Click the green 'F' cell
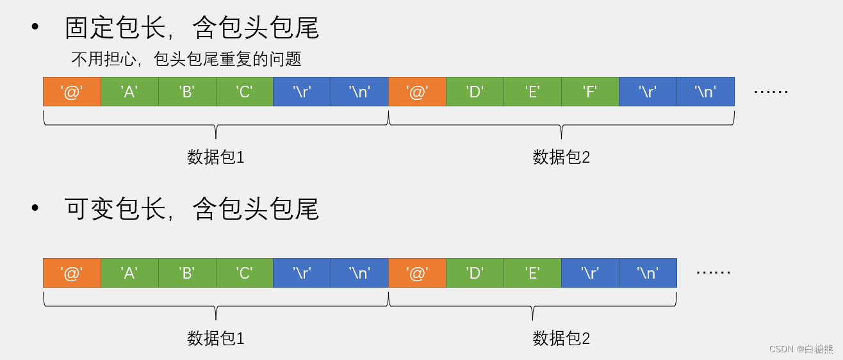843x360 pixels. (x=590, y=92)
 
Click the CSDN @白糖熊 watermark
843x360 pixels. (x=801, y=349)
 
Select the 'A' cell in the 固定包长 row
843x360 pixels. (x=129, y=92)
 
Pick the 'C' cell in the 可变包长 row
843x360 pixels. (x=244, y=273)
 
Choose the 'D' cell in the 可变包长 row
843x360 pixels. (x=475, y=273)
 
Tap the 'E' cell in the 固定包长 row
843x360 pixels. (x=532, y=92)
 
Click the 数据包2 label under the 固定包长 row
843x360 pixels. (x=561, y=157)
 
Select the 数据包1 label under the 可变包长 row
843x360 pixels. (x=216, y=338)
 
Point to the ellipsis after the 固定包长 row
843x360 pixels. (x=771, y=92)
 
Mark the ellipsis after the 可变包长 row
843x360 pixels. (x=713, y=273)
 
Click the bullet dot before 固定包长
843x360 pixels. (x=35, y=27)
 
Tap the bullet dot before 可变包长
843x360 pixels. (x=35, y=208)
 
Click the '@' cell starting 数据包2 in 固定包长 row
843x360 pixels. (x=417, y=92)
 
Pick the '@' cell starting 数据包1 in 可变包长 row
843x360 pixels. (x=72, y=273)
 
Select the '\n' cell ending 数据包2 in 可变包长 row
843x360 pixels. (x=648, y=273)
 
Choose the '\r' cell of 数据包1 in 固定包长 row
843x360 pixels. (x=302, y=92)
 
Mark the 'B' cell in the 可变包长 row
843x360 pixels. (x=187, y=273)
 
